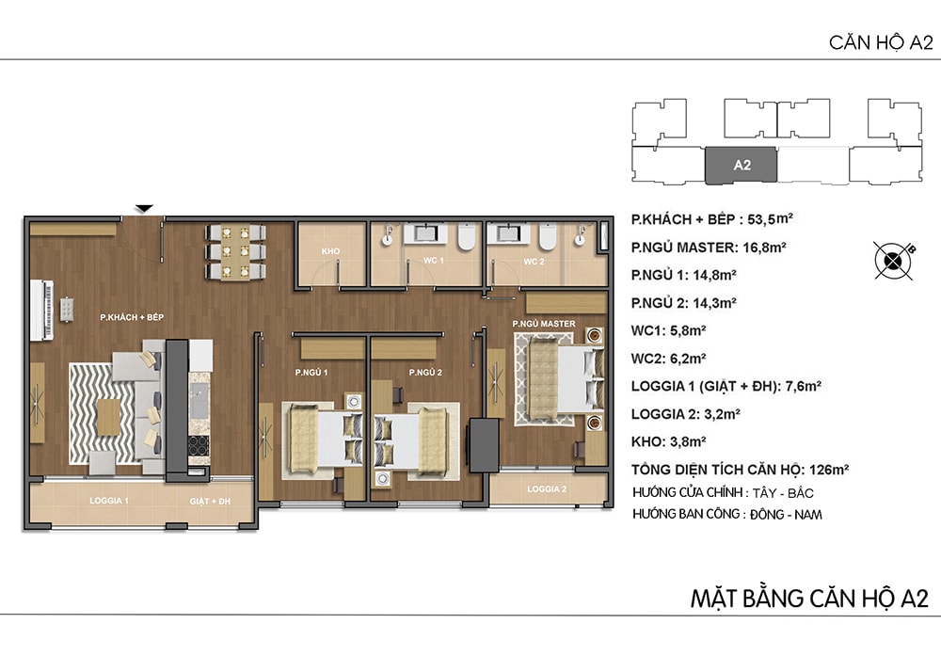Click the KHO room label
(330, 250)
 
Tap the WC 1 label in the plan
(433, 261)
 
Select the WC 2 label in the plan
(534, 262)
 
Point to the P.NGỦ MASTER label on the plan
(544, 324)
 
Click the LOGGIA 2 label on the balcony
(547, 489)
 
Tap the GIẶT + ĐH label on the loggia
(210, 501)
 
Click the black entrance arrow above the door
(144, 208)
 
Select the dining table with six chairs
(235, 252)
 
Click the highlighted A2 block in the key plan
(741, 165)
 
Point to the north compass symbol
(893, 261)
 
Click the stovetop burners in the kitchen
(199, 446)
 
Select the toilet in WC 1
(467, 236)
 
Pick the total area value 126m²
(829, 470)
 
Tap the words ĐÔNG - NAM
(786, 515)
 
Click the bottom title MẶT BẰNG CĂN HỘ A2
(809, 599)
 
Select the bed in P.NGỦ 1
(323, 440)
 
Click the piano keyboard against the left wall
(42, 310)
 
